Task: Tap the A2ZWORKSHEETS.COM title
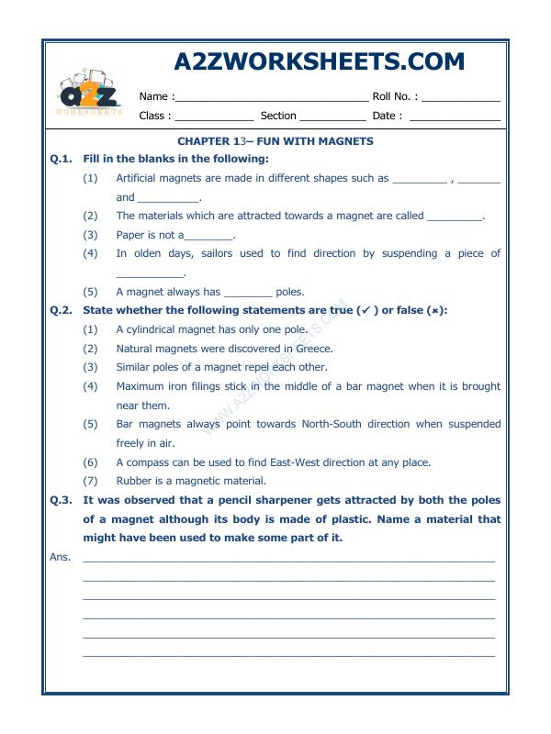coord(319,61)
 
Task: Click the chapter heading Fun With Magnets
coord(275,141)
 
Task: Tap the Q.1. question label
coord(61,159)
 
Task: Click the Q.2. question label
coord(61,310)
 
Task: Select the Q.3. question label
coord(61,500)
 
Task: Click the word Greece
coord(315,349)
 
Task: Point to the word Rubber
coord(132,481)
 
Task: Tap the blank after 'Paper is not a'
coord(209,236)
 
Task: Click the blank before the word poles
coord(248,293)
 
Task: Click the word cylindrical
coord(152,329)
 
